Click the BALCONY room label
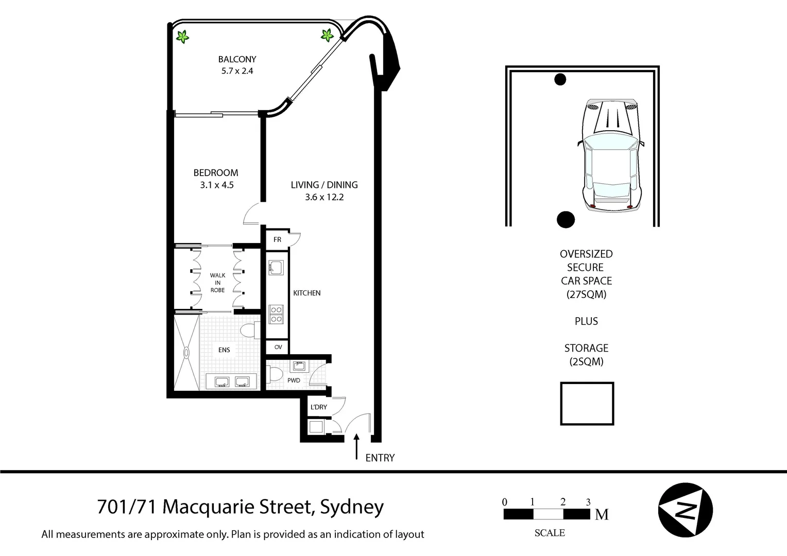tap(237, 59)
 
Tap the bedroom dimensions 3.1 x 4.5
tap(217, 185)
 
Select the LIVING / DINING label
tap(324, 185)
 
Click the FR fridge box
tap(277, 239)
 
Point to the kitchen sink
tap(276, 268)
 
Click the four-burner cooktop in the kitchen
tap(277, 315)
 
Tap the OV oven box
tap(278, 347)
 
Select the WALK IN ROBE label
tap(217, 283)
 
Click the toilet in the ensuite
tap(249, 330)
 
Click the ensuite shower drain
tap(186, 353)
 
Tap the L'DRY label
tap(319, 407)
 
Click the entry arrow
tap(356, 446)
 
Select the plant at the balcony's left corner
tap(182, 37)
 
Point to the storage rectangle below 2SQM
tap(587, 404)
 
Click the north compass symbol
tap(685, 510)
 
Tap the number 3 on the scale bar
tap(588, 502)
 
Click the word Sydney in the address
tap(352, 507)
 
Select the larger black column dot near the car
tap(566, 219)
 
